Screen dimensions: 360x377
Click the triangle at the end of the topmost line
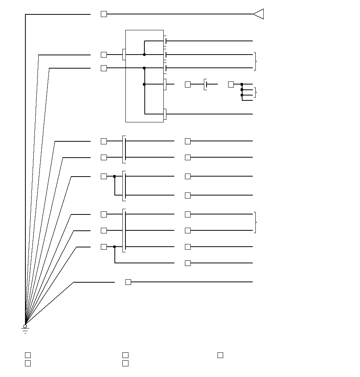tap(259, 14)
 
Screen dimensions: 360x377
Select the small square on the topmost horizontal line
tap(104, 14)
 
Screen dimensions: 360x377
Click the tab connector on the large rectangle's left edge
tap(124, 55)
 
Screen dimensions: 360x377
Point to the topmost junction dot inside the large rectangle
tap(144, 55)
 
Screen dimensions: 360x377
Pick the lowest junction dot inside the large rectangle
tap(144, 84)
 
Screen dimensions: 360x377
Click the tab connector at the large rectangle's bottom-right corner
tap(165, 114)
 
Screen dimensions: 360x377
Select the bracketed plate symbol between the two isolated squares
tap(205, 84)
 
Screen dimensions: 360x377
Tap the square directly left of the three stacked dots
tap(231, 84)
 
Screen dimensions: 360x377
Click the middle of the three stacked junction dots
tap(242, 90)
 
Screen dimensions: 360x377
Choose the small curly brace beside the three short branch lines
tap(255, 92)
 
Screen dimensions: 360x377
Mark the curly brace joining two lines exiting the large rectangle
tap(256, 61)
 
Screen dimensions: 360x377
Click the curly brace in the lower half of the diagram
tap(256, 222)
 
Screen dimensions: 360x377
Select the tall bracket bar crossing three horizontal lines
tap(124, 230)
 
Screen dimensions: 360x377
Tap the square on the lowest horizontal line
tap(128, 282)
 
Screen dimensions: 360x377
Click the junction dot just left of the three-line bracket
tap(114, 247)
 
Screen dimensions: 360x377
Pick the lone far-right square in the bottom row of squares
tap(220, 355)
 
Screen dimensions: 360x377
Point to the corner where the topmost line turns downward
tap(25, 14)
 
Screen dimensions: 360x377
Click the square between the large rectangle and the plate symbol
tap(188, 84)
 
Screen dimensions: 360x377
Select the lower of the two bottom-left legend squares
tap(28, 363)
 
